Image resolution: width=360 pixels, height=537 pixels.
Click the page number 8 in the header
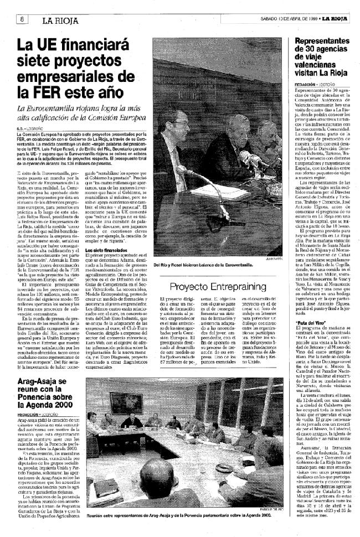point(23,19)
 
